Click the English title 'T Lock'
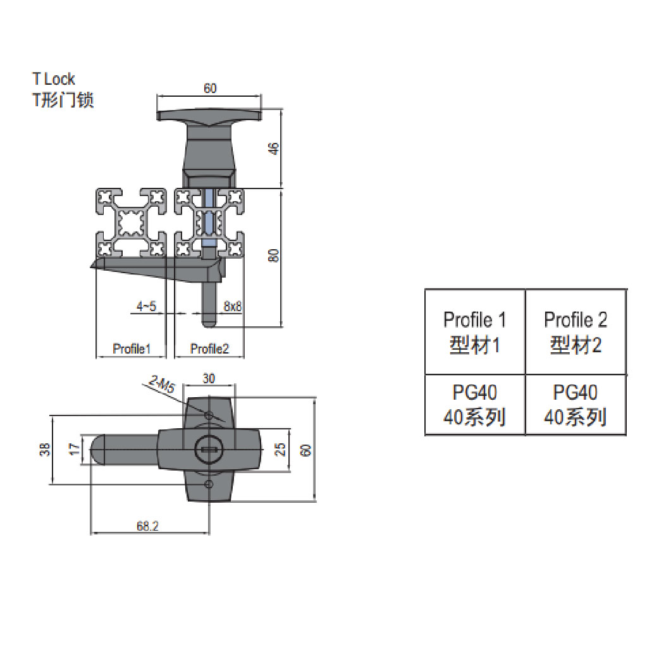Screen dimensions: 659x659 coord(54,79)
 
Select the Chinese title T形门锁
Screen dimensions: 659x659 coord(63,100)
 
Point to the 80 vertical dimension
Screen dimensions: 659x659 coord(274,256)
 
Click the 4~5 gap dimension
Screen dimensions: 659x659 coord(146,307)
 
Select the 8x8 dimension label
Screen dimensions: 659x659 coord(233,307)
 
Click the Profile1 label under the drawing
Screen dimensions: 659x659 coord(131,348)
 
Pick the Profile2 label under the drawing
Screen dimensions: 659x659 coord(209,348)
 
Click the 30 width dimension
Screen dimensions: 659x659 coord(209,378)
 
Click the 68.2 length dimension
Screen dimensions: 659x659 coord(147,525)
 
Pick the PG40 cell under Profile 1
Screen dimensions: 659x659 coord(475,405)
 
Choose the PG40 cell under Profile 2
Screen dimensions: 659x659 coord(576,405)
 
